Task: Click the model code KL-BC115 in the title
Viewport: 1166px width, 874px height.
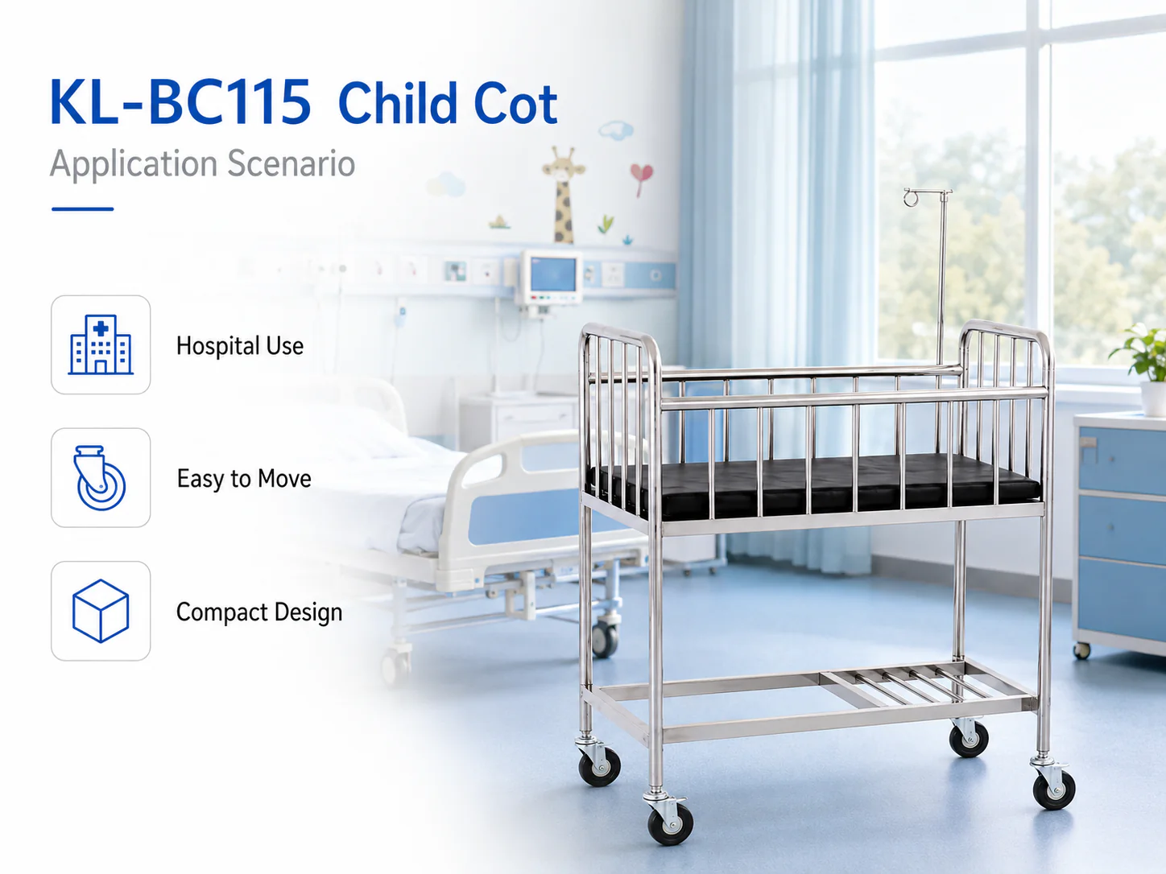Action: (180, 102)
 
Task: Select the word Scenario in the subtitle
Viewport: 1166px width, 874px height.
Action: (291, 163)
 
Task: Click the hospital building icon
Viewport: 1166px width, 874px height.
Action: (101, 344)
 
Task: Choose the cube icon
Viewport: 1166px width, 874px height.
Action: (101, 611)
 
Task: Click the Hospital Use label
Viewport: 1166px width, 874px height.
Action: (240, 346)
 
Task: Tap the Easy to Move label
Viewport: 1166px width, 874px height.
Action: (244, 479)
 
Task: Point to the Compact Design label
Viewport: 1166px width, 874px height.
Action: (259, 612)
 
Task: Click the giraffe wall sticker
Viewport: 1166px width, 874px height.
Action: (564, 195)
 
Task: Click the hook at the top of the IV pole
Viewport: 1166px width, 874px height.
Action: (911, 198)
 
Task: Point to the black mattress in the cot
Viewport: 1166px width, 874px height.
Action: (812, 485)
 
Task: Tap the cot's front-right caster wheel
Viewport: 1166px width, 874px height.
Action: (1054, 789)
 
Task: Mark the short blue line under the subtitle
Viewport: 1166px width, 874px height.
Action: (82, 209)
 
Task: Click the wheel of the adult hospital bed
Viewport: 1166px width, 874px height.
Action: (605, 640)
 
